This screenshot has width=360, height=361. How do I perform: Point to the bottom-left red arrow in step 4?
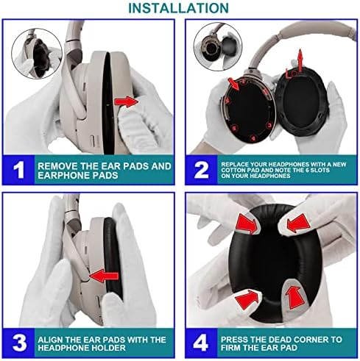pos(247,299)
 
